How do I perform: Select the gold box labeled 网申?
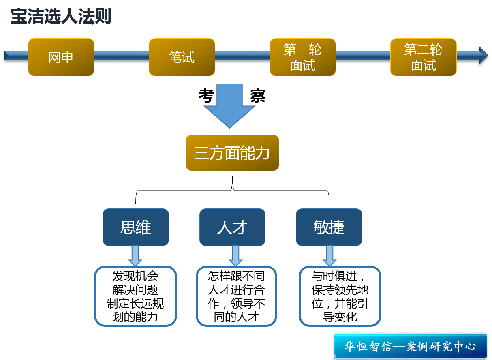61,57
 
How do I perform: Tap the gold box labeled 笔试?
182,57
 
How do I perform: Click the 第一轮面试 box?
302,57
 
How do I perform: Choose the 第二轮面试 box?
423,57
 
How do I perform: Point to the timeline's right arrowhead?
483,56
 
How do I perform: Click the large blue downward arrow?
229,105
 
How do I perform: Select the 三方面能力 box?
232,153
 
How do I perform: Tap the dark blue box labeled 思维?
135,227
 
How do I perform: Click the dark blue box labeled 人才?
232,227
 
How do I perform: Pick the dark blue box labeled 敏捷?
329,227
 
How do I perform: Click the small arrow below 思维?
135,256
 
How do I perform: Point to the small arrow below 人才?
235,256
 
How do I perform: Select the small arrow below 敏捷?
330,256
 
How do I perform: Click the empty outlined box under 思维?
135,296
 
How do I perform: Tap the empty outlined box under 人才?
236,296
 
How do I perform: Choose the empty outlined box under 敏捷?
340,296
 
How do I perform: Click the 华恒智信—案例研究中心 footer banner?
410,346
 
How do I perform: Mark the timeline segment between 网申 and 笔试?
122,56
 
